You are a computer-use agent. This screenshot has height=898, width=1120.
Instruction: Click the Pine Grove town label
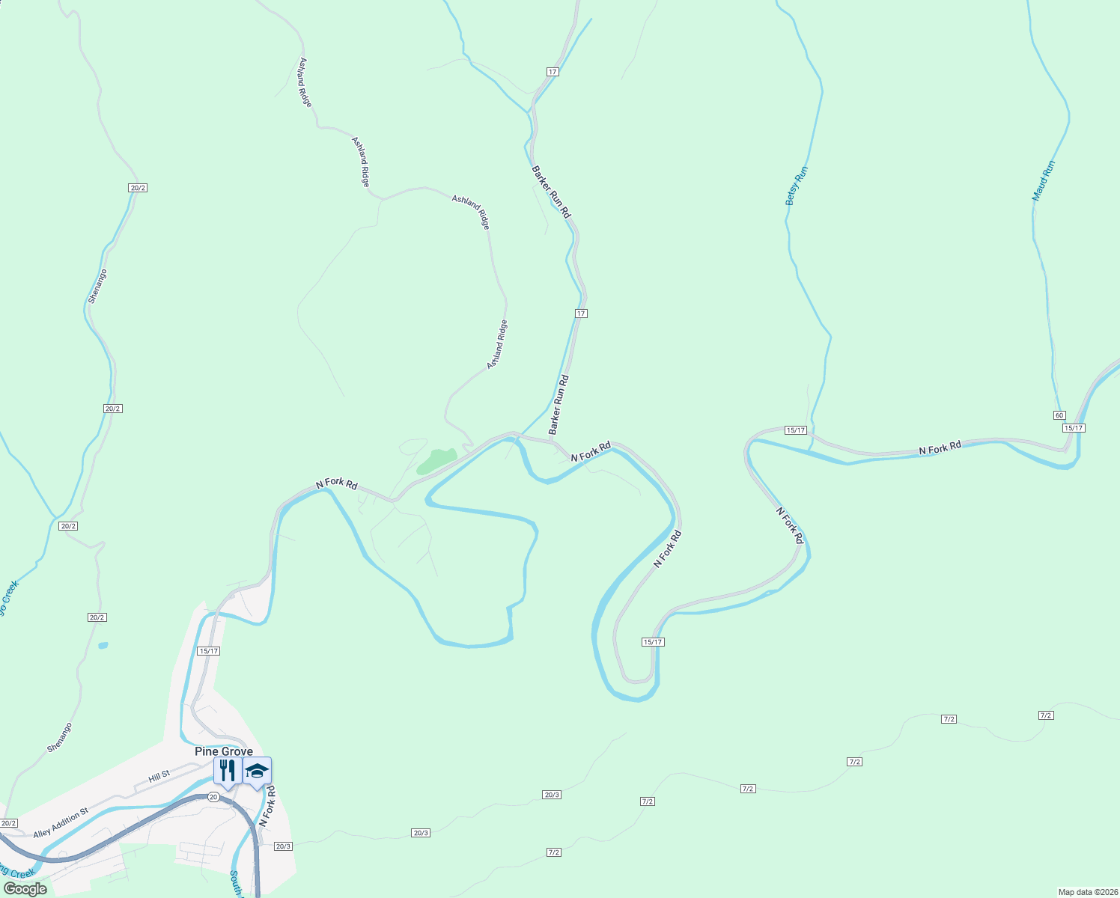tap(223, 751)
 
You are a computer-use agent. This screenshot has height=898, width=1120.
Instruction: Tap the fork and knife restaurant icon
tap(227, 770)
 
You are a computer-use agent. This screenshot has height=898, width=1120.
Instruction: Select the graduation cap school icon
tap(257, 771)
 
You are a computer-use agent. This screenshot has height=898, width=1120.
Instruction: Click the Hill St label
tap(159, 777)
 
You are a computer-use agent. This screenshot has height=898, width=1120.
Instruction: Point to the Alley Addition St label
tap(61, 822)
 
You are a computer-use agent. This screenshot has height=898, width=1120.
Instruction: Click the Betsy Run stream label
tap(797, 186)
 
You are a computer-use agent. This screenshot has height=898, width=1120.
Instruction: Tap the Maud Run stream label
tap(1043, 180)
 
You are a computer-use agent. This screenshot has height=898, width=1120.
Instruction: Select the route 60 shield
tap(1059, 415)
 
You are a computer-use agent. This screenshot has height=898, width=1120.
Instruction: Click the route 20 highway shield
tap(213, 797)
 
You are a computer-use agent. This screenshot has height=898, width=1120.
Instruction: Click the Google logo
tap(25, 889)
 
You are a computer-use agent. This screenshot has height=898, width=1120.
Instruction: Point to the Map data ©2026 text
tap(1086, 892)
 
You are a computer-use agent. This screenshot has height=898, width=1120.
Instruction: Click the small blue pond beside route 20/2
tap(103, 645)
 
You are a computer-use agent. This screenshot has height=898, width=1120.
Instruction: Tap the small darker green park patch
tap(436, 461)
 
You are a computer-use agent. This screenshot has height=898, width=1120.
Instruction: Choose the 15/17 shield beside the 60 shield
tap(1074, 428)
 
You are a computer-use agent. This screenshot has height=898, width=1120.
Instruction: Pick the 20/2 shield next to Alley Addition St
tap(9, 823)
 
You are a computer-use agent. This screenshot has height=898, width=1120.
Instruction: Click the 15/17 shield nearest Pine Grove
tap(209, 651)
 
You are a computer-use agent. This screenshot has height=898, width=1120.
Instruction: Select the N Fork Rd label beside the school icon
tap(267, 805)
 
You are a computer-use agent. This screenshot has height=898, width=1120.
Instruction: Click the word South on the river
tap(235, 883)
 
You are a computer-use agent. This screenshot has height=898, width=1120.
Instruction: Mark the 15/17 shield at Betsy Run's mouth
tap(795, 430)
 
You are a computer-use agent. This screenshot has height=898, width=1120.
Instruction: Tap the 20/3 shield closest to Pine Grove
tap(283, 846)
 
